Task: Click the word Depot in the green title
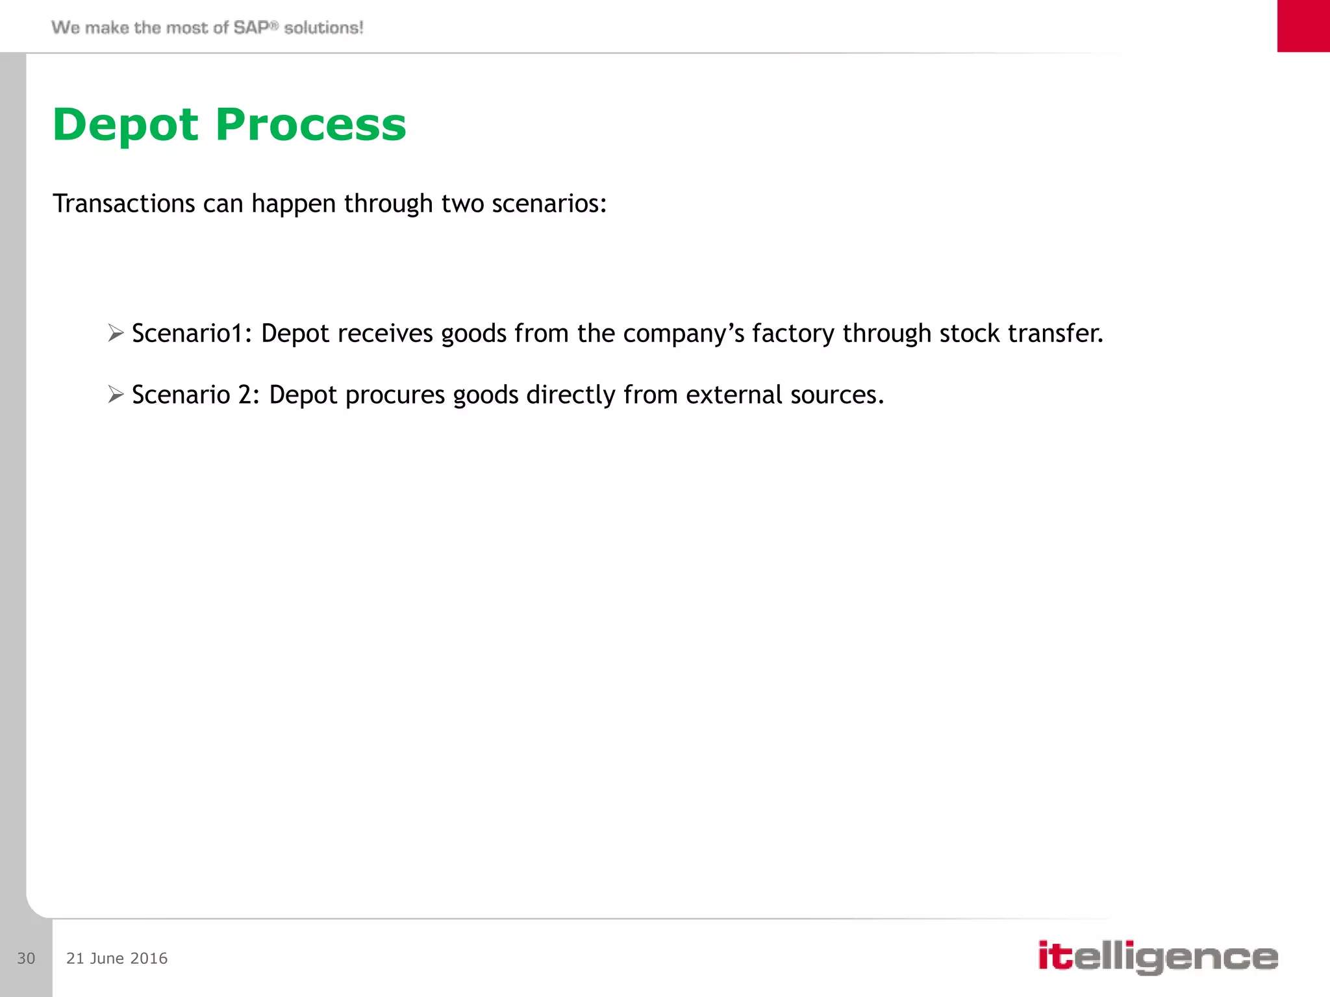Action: tap(125, 125)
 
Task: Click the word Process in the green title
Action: tap(310, 125)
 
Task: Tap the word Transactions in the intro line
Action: tap(123, 204)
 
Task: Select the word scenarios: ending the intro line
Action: tap(549, 204)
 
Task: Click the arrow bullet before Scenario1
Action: tap(116, 333)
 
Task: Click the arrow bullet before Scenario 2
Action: tap(116, 394)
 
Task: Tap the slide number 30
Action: tap(26, 958)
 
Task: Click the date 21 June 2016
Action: tap(117, 958)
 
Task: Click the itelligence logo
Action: tap(1158, 957)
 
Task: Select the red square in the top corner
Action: tap(1303, 26)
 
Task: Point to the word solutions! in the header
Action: tap(323, 27)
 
